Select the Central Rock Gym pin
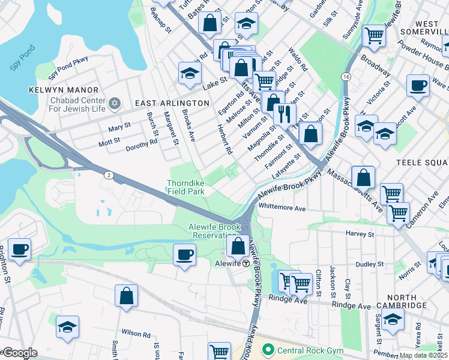click(267, 349)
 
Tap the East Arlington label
click(172, 103)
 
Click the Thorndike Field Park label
click(186, 188)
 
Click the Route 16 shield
click(346, 77)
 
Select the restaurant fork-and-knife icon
click(285, 113)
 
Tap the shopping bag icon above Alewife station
click(238, 245)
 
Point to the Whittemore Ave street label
click(282, 208)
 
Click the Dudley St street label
click(370, 264)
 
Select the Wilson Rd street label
click(136, 334)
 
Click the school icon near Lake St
click(190, 74)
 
